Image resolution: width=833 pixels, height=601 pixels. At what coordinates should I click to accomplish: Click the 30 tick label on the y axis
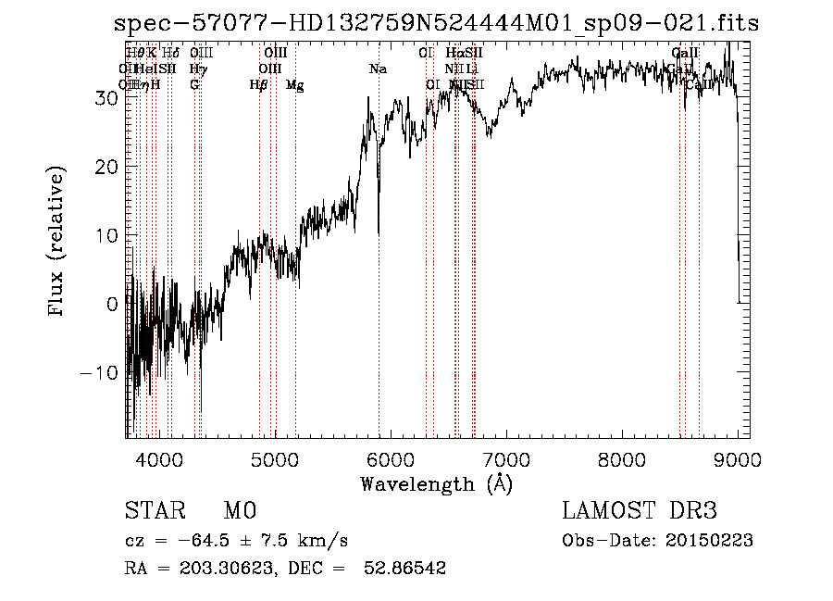(x=106, y=98)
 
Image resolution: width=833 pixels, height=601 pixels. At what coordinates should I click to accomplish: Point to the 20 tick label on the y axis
(x=106, y=167)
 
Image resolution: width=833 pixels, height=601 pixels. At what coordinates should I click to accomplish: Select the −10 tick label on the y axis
(x=99, y=372)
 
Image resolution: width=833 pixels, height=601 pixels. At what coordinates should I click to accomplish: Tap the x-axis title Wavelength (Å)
(x=436, y=484)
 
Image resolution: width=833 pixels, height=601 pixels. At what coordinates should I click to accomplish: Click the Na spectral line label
(x=378, y=69)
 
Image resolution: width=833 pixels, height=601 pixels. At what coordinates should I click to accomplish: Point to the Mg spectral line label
(x=295, y=85)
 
